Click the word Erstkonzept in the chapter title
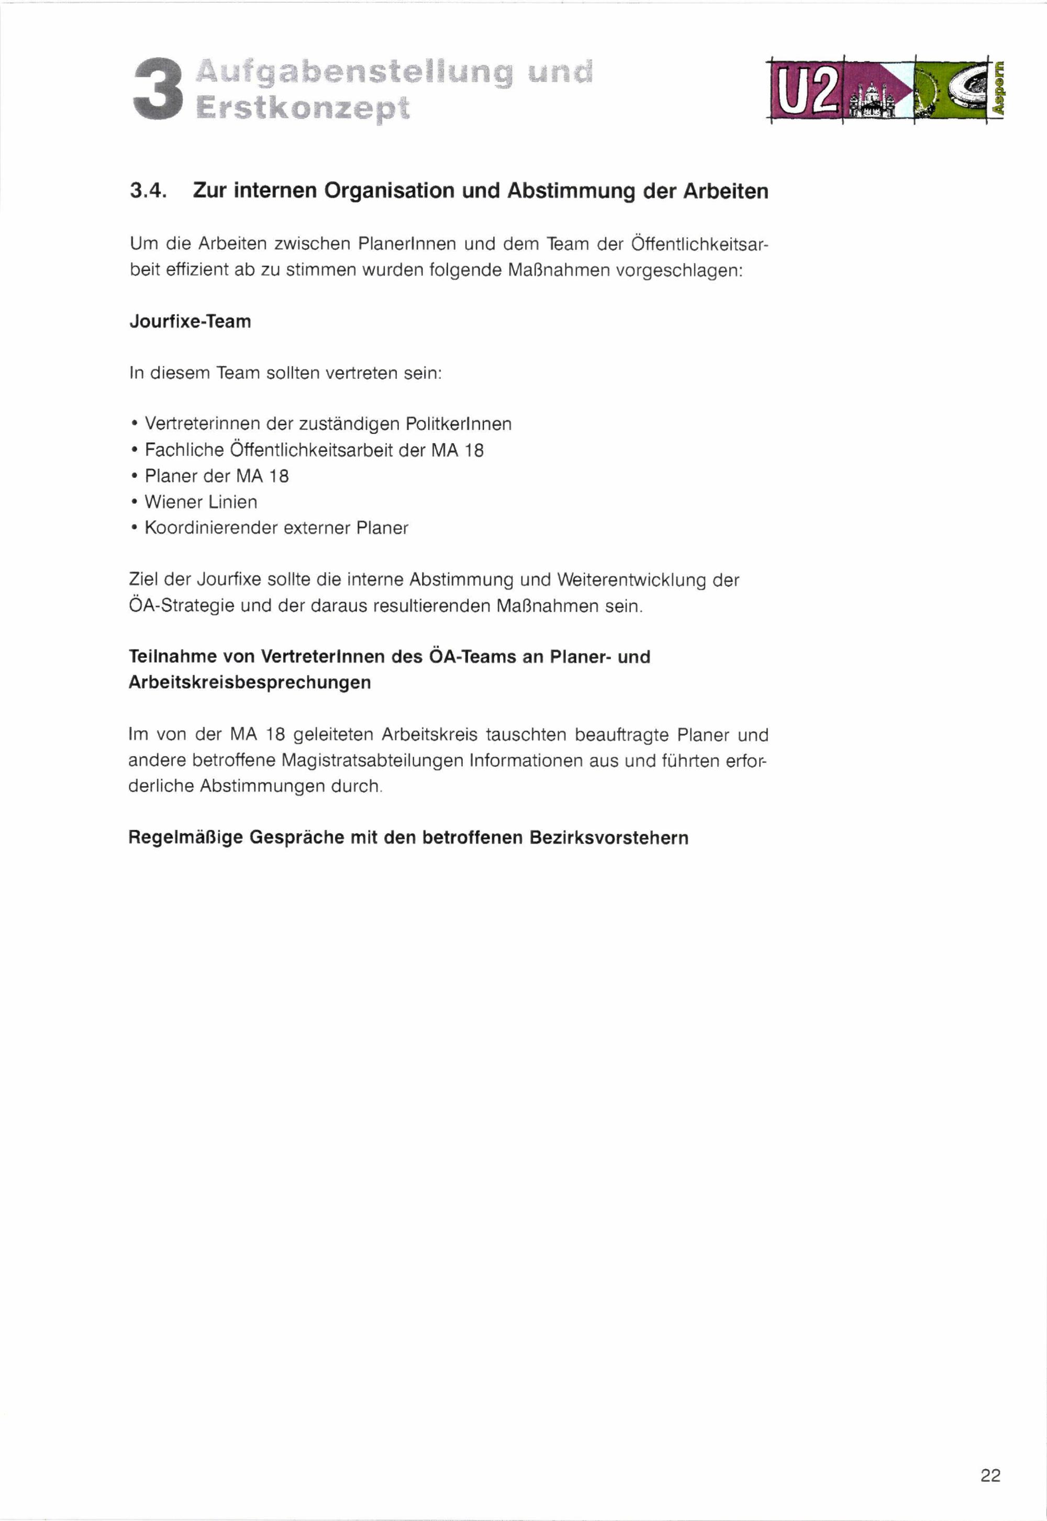pos(303,108)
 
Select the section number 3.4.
pos(148,191)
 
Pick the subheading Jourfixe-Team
pos(190,321)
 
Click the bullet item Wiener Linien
pos(201,502)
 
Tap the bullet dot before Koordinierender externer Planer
pos(134,528)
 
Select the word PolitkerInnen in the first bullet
pos(458,424)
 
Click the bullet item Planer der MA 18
pos(217,476)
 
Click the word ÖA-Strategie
pos(181,606)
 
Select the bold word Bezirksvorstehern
pos(609,837)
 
